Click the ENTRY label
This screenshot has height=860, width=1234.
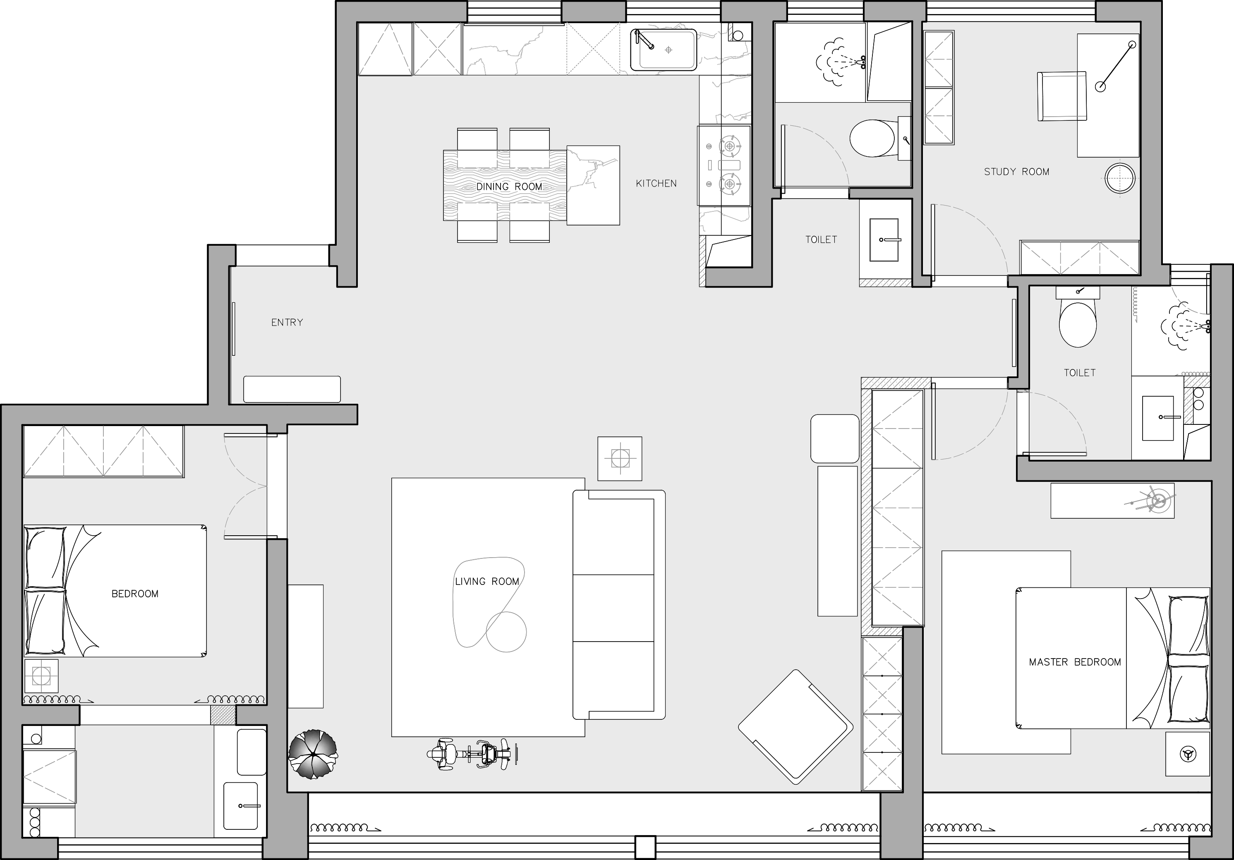click(x=287, y=323)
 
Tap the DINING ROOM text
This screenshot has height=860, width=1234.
click(x=509, y=187)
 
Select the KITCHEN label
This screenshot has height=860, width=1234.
click(x=656, y=183)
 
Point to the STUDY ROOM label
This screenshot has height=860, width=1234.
click(x=1016, y=172)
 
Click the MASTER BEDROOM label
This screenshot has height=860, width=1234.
click(x=1075, y=662)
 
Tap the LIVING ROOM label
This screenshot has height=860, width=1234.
click(x=487, y=582)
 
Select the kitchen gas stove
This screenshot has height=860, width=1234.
click(x=724, y=165)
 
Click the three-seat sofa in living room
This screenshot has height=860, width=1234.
click(x=619, y=605)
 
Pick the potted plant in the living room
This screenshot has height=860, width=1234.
click(x=313, y=754)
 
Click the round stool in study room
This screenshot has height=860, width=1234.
click(x=1121, y=178)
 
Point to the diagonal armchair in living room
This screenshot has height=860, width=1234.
click(x=796, y=727)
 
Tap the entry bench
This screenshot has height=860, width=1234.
click(x=292, y=389)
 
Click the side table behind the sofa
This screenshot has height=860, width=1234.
click(x=620, y=458)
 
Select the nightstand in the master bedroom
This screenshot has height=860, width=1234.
click(x=1188, y=754)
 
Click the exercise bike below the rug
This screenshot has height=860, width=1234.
click(x=473, y=754)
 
